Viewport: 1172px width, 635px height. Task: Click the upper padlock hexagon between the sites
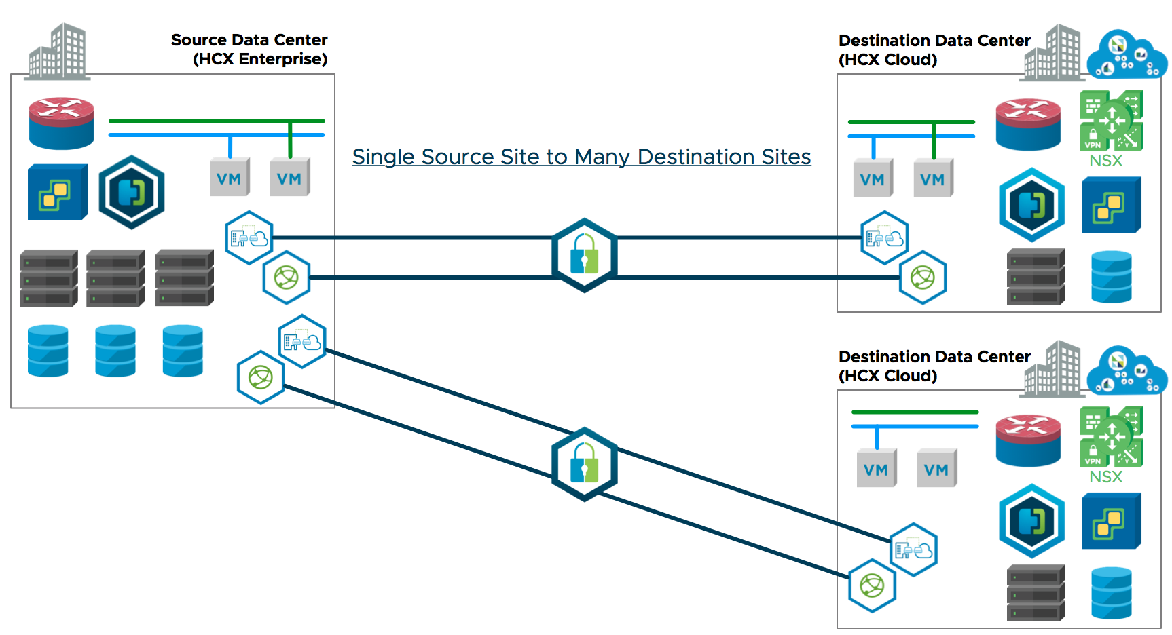pos(584,255)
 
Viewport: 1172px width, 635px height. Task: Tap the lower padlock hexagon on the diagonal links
pos(584,464)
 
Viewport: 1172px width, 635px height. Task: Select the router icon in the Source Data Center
pos(61,123)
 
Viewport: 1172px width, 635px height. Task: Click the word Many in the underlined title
pos(600,157)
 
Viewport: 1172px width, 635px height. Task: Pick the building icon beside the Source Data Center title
pos(58,52)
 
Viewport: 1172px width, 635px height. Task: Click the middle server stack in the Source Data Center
pos(115,278)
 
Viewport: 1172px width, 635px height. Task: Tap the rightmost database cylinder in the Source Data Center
pos(183,351)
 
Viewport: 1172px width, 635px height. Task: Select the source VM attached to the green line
pos(290,178)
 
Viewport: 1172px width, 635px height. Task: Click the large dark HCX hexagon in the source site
pos(132,192)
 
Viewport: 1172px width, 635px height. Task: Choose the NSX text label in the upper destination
pos(1105,161)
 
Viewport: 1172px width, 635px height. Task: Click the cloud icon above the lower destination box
pos(1127,369)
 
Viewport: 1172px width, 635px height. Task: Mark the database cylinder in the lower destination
pos(1111,592)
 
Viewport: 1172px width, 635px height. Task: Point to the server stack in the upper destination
pos(1036,277)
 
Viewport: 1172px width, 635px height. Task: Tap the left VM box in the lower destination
pos(876,468)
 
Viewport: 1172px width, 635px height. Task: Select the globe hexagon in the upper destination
pos(923,277)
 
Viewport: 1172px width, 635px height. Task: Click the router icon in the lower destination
pos(1028,440)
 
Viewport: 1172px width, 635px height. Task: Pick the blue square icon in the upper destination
pos(1111,205)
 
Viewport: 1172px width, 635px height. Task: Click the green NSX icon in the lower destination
pos(1111,436)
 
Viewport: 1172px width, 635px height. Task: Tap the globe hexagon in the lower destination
pos(873,585)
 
